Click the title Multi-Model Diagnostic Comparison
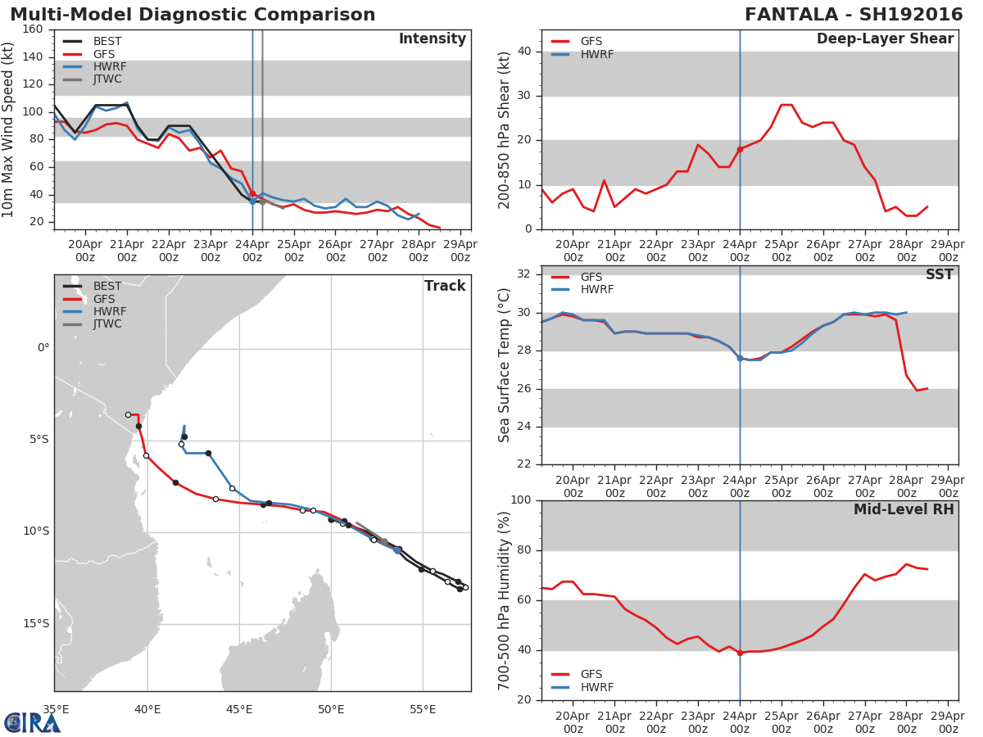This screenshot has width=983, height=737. coord(193,15)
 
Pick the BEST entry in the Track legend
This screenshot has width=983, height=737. coord(107,287)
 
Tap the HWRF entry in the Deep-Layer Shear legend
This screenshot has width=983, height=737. coord(597,54)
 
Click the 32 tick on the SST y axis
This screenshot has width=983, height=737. coord(524,274)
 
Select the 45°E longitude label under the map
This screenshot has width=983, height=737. coord(239,709)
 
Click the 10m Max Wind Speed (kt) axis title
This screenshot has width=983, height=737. coord(9,129)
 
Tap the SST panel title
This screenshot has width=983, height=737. coord(939,275)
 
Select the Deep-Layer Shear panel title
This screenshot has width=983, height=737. coord(885,39)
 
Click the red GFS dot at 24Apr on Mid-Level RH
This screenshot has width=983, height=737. coord(740,653)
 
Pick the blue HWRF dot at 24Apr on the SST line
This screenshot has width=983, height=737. coord(740,358)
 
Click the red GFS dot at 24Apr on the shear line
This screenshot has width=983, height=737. coord(740,149)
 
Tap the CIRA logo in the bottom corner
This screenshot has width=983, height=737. coord(33,722)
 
